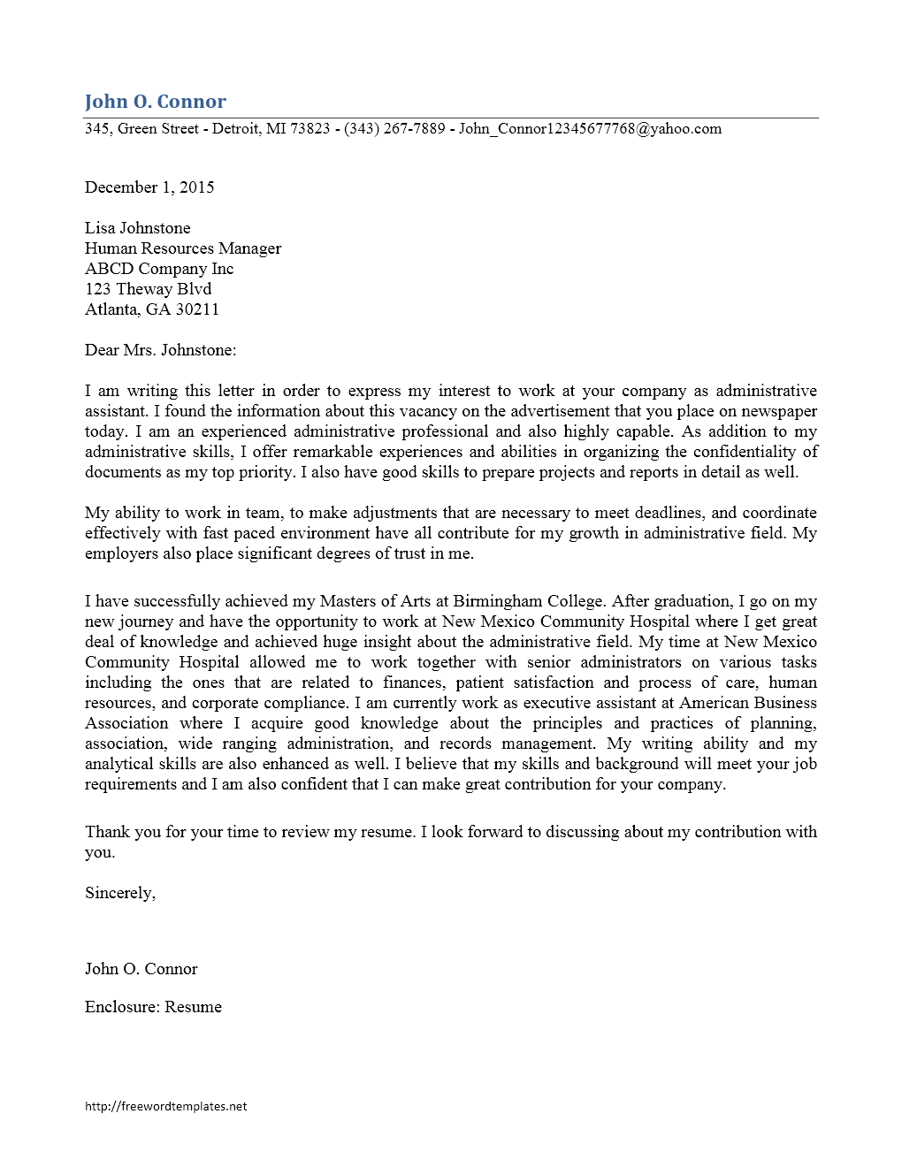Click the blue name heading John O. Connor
pos(155,102)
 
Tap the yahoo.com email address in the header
pos(590,129)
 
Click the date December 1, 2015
pos(149,187)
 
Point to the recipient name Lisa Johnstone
pos(137,228)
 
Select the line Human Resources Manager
pos(183,248)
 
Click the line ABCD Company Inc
pos(159,269)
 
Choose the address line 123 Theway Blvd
pos(148,289)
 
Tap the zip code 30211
pos(197,309)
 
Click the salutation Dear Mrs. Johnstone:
pos(160,350)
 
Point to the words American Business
pos(748,703)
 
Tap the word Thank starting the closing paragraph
pos(106,832)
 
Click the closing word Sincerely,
pos(120,893)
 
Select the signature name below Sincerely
pos(141,969)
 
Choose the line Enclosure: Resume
pos(153,1007)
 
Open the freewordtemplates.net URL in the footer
pos(165,1106)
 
